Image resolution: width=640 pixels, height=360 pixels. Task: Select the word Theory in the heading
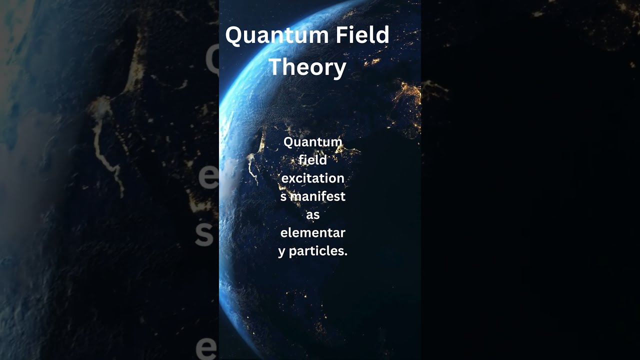click(x=307, y=67)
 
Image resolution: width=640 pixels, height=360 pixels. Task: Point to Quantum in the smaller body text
click(x=312, y=142)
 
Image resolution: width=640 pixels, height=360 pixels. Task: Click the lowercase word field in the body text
click(x=312, y=160)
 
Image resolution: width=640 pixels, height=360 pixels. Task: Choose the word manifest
click(x=318, y=196)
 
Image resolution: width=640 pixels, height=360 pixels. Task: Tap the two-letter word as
click(x=312, y=214)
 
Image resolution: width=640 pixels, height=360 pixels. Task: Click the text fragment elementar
click(x=312, y=232)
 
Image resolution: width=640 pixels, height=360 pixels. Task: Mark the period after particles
click(x=345, y=254)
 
